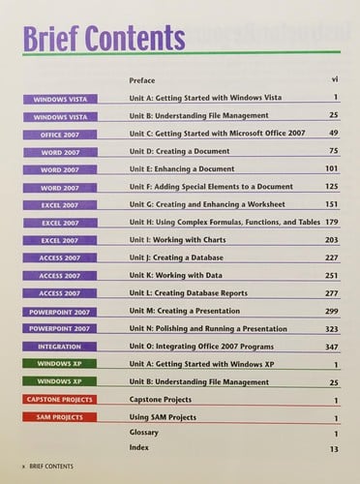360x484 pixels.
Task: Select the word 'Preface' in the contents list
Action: [x=143, y=78]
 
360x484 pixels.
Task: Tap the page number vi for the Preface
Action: [x=333, y=78]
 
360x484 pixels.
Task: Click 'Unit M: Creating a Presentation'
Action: [x=194, y=311]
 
